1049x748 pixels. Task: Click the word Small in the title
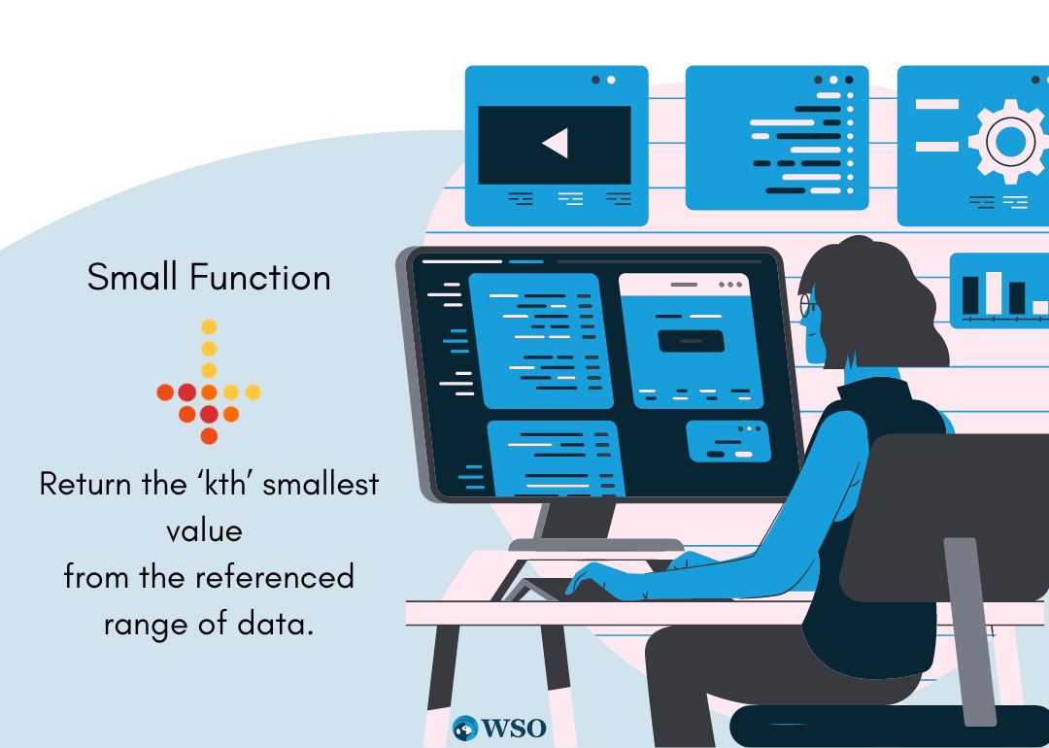pos(132,276)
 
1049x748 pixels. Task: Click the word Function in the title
pos(260,276)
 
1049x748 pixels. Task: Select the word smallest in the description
pos(321,483)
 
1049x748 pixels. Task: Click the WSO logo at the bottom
pos(499,728)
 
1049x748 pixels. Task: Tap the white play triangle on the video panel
pos(557,143)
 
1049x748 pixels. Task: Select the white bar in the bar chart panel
pos(994,292)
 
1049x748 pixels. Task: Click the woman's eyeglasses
pos(807,305)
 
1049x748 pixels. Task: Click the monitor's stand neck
pos(579,520)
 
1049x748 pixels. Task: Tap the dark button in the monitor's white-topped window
pos(692,341)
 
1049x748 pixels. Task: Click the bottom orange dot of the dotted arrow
pos(209,436)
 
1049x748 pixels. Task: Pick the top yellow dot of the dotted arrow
pos(209,326)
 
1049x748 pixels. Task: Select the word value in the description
pos(204,530)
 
